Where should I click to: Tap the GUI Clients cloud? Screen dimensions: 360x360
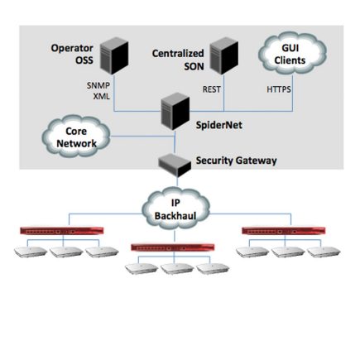[292, 55]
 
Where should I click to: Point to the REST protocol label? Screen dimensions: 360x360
[212, 88]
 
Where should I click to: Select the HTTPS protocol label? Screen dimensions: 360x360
[278, 88]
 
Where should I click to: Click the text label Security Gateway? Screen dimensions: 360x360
[236, 160]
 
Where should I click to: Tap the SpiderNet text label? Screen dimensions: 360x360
[218, 125]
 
